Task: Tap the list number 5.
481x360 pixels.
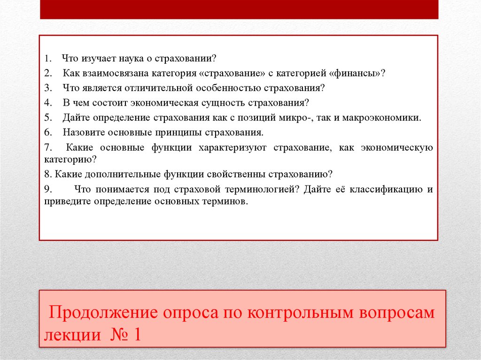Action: point(47,117)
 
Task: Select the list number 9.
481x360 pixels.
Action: point(47,189)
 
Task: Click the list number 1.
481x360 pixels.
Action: point(47,59)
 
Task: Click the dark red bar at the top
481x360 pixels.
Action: point(239,9)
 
